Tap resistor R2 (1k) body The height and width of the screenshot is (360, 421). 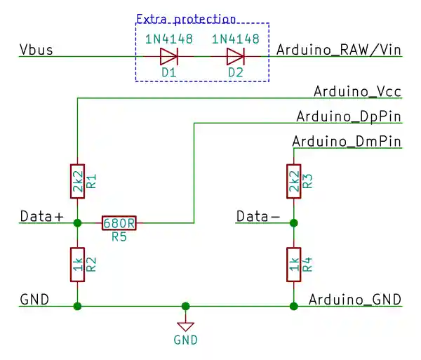click(77, 265)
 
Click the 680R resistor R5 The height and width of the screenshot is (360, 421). click(119, 223)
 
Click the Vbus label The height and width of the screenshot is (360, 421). click(36, 51)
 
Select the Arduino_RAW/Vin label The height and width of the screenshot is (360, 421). click(339, 50)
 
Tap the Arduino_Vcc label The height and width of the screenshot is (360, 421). click(357, 91)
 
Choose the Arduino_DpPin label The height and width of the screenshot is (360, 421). click(349, 116)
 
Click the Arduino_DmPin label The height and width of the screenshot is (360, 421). click(347, 142)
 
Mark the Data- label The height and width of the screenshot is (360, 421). click(258, 216)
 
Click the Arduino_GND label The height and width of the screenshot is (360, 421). click(355, 300)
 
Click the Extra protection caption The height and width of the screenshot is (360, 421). click(185, 19)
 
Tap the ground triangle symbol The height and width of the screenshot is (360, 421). click(185, 326)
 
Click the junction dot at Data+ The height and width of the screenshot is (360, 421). click(77, 223)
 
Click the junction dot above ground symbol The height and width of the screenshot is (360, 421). click(185, 306)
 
